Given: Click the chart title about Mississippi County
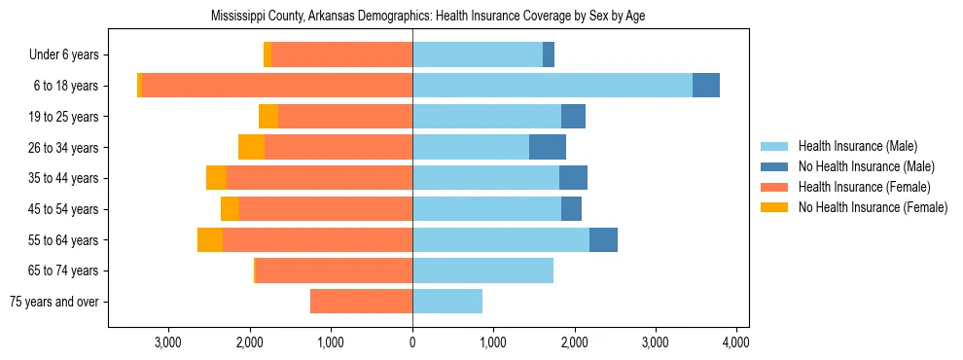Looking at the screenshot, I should click(x=428, y=17).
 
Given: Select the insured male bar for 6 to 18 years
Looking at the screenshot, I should click(x=552, y=86).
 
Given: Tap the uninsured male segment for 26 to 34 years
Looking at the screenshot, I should click(x=548, y=147).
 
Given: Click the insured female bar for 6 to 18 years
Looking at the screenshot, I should click(x=276, y=86).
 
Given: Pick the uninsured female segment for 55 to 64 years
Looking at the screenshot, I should click(x=210, y=239).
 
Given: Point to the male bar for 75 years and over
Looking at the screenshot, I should click(x=447, y=302).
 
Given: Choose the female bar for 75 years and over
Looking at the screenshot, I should click(x=361, y=302).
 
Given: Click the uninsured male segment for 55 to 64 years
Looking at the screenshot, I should click(x=603, y=239).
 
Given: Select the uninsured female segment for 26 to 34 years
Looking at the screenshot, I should click(x=251, y=147).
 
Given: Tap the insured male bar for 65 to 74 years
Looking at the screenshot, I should click(x=482, y=270).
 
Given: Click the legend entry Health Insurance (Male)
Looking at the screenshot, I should click(x=857, y=147).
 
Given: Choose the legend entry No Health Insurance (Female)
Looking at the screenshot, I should click(x=873, y=206).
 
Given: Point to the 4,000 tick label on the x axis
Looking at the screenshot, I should click(x=735, y=342).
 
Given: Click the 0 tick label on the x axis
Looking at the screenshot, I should click(x=412, y=342).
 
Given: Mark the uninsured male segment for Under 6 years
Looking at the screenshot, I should click(x=549, y=54).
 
